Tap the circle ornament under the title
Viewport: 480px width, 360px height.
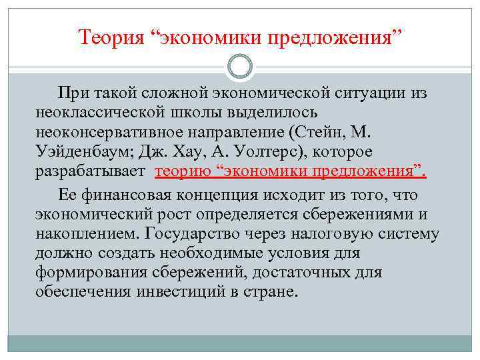[240, 66]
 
